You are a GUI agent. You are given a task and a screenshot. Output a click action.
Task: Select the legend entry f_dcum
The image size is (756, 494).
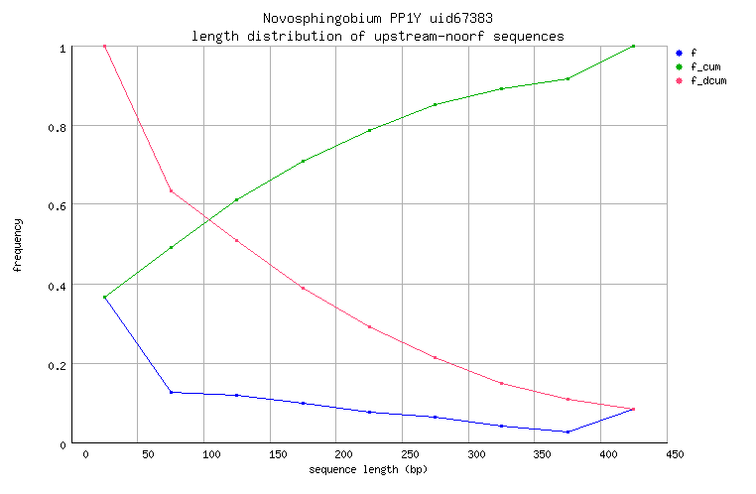pos(707,80)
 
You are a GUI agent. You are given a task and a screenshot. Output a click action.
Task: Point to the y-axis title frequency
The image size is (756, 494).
pos(17,245)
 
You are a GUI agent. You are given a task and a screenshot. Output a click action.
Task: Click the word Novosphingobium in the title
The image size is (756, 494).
pos(314,19)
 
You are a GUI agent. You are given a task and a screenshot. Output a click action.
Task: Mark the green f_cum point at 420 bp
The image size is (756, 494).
pos(633,46)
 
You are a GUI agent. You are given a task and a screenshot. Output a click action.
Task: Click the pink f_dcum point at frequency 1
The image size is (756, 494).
pos(104,46)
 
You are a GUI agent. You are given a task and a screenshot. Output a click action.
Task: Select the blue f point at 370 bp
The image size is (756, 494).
pos(567,432)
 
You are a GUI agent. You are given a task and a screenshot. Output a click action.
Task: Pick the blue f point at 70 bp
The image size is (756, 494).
pos(171,392)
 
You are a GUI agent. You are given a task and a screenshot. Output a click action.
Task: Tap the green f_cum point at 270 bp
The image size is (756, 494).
pos(435,104)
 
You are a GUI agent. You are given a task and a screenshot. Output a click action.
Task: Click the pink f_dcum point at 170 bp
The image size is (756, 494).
pos(303,288)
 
